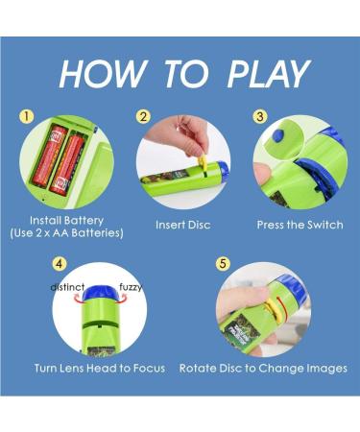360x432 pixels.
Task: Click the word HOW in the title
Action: pos(103,74)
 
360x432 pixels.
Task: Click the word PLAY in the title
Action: pos(268,74)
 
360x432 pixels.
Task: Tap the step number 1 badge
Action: pos(27,117)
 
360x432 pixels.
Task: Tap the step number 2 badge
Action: pos(143,117)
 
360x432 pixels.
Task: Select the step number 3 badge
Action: pos(260,117)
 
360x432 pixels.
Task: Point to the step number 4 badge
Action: pos(60,264)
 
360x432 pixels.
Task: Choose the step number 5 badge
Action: pos(223,264)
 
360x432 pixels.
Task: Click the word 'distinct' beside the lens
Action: pos(67,287)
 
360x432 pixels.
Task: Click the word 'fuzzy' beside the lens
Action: pos(131,287)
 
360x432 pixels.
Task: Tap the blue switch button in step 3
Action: pos(279,135)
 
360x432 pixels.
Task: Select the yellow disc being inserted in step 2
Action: pos(203,161)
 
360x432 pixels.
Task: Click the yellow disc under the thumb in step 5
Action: pos(273,310)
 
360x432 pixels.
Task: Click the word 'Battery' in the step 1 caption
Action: pos(84,221)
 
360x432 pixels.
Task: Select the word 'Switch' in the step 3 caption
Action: pos(325,225)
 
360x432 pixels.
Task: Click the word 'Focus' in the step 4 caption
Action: pos(149,369)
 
